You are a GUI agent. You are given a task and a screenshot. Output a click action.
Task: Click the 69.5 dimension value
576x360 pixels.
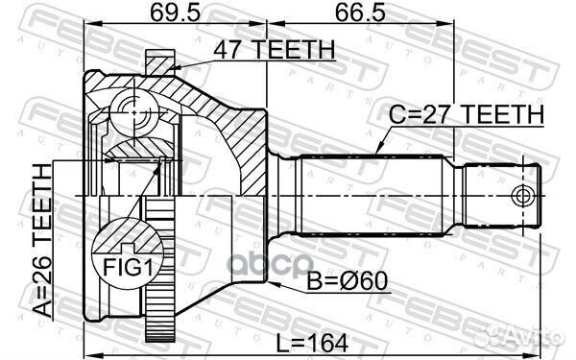175,14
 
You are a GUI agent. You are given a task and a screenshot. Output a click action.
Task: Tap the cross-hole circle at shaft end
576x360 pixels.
523,196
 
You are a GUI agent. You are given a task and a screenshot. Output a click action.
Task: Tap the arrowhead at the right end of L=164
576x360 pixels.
538,350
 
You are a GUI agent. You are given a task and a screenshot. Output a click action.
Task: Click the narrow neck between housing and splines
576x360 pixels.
282,196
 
